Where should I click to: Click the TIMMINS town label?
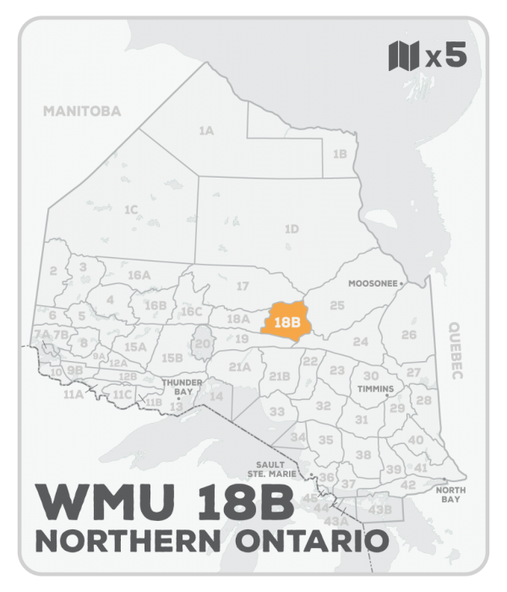coord(376,389)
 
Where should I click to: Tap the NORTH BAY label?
coord(448,495)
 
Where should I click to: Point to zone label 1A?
coord(205,131)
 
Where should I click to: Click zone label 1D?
coord(292,228)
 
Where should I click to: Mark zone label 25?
coord(337,304)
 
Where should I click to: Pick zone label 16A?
coord(139,276)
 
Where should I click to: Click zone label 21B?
coord(279,376)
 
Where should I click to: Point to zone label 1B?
coord(340,154)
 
